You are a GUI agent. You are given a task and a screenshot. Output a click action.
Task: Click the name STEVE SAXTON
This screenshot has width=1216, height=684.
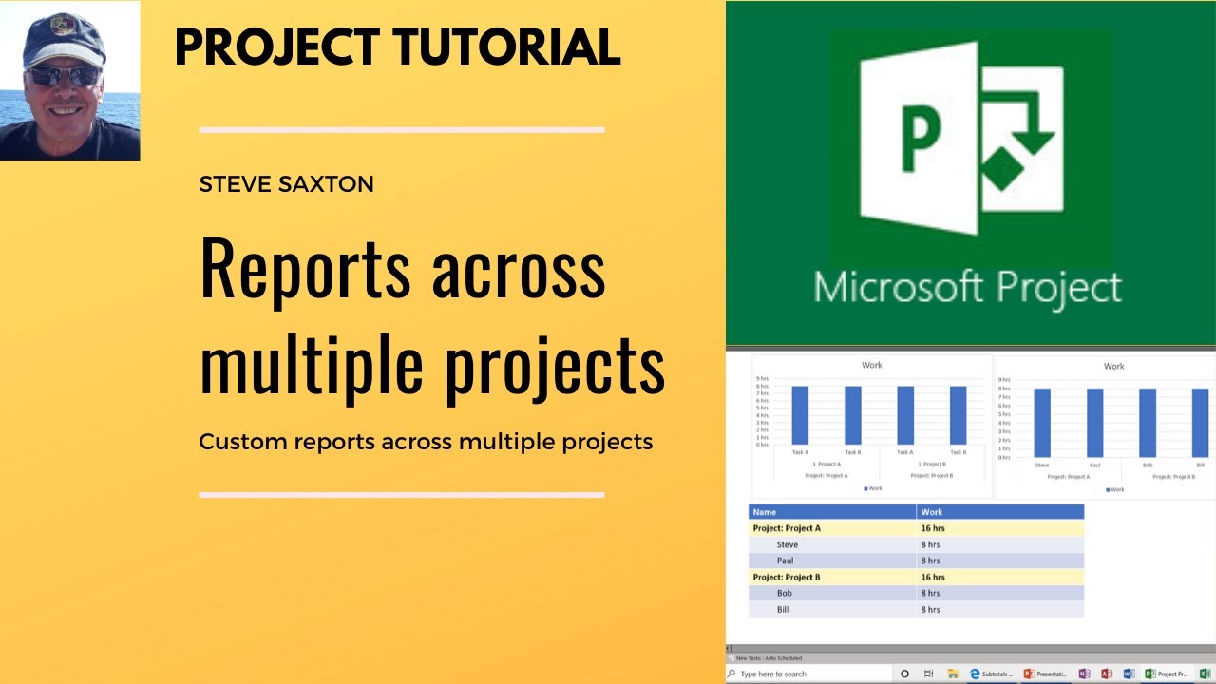tap(286, 184)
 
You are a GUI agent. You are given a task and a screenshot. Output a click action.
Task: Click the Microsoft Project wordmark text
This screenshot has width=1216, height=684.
tap(967, 288)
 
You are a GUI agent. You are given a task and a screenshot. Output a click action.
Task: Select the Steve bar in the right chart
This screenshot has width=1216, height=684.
tap(1042, 423)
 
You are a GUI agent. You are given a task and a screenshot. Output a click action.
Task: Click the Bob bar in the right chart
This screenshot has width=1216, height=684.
tap(1148, 423)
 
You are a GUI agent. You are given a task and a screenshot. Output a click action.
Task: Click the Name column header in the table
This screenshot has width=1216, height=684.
tap(765, 512)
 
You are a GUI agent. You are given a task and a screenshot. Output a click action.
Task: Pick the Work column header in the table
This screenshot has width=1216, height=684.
tap(932, 512)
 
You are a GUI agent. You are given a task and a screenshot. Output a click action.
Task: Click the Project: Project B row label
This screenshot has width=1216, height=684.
tap(787, 577)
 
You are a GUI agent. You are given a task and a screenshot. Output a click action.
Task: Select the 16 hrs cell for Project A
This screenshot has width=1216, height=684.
tap(933, 528)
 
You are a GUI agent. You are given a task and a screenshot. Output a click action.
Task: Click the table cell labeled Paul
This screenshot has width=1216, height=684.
tap(785, 560)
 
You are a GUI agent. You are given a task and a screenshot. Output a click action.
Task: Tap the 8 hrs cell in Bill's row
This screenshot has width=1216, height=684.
tap(930, 609)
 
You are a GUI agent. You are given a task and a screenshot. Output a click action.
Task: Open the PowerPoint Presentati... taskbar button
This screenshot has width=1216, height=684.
tap(1045, 674)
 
